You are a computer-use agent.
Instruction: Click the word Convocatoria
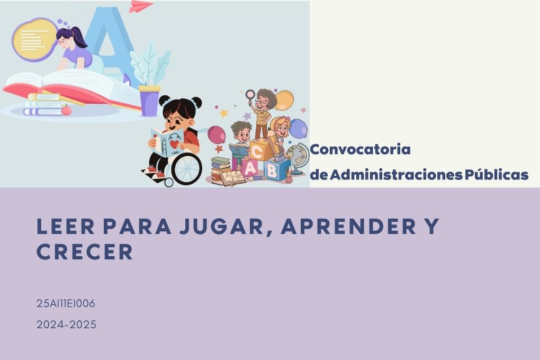[360, 149]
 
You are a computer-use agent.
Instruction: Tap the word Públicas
[496, 175]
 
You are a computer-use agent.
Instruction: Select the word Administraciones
[396, 175]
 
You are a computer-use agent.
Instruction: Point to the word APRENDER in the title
[349, 226]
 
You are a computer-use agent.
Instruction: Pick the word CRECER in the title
[85, 252]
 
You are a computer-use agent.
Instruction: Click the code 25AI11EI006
[66, 303]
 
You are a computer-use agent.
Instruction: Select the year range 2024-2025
[67, 325]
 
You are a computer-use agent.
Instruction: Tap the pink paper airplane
[140, 6]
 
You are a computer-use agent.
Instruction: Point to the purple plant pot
[149, 101]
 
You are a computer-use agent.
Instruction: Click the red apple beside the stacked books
[67, 110]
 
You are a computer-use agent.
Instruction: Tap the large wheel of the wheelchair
[186, 169]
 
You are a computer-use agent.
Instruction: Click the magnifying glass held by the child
[250, 94]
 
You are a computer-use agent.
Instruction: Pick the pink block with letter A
[250, 168]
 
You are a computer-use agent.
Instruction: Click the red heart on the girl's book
[174, 143]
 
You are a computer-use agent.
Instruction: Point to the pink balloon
[217, 134]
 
